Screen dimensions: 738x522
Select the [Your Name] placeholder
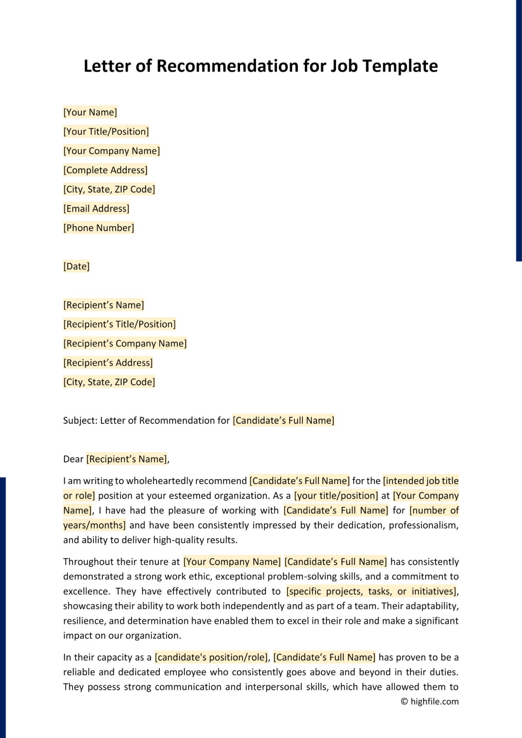pyautogui.click(x=90, y=112)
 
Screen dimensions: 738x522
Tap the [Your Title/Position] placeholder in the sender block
pyautogui.click(x=106, y=131)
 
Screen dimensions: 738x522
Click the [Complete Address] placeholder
pyautogui.click(x=105, y=170)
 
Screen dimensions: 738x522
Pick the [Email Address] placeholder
pyautogui.click(x=96, y=208)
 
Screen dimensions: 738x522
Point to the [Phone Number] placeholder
pyautogui.click(x=99, y=228)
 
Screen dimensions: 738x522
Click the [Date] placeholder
pyautogui.click(x=76, y=266)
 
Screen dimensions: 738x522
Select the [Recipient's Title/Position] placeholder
pyautogui.click(x=119, y=324)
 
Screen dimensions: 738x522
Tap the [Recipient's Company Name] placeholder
pyautogui.click(x=125, y=343)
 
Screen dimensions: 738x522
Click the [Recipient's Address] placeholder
pyautogui.click(x=108, y=362)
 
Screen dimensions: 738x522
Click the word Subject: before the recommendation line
pyautogui.click(x=80, y=420)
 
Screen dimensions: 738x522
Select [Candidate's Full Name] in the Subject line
pyautogui.click(x=283, y=420)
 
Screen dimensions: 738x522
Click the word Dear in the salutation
pyautogui.click(x=73, y=459)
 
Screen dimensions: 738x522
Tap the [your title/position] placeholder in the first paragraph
pyautogui.click(x=336, y=496)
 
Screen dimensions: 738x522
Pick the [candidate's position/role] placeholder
pyautogui.click(x=212, y=657)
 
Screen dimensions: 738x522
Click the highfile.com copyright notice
pyautogui.click(x=429, y=701)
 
